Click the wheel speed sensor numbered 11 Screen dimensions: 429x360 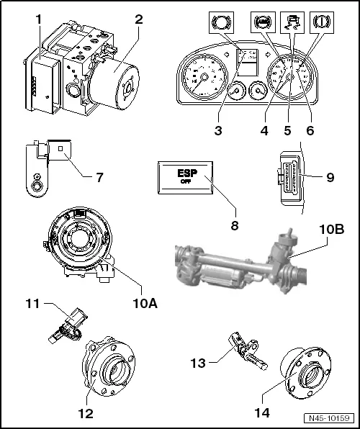pyautogui.click(x=66, y=322)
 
